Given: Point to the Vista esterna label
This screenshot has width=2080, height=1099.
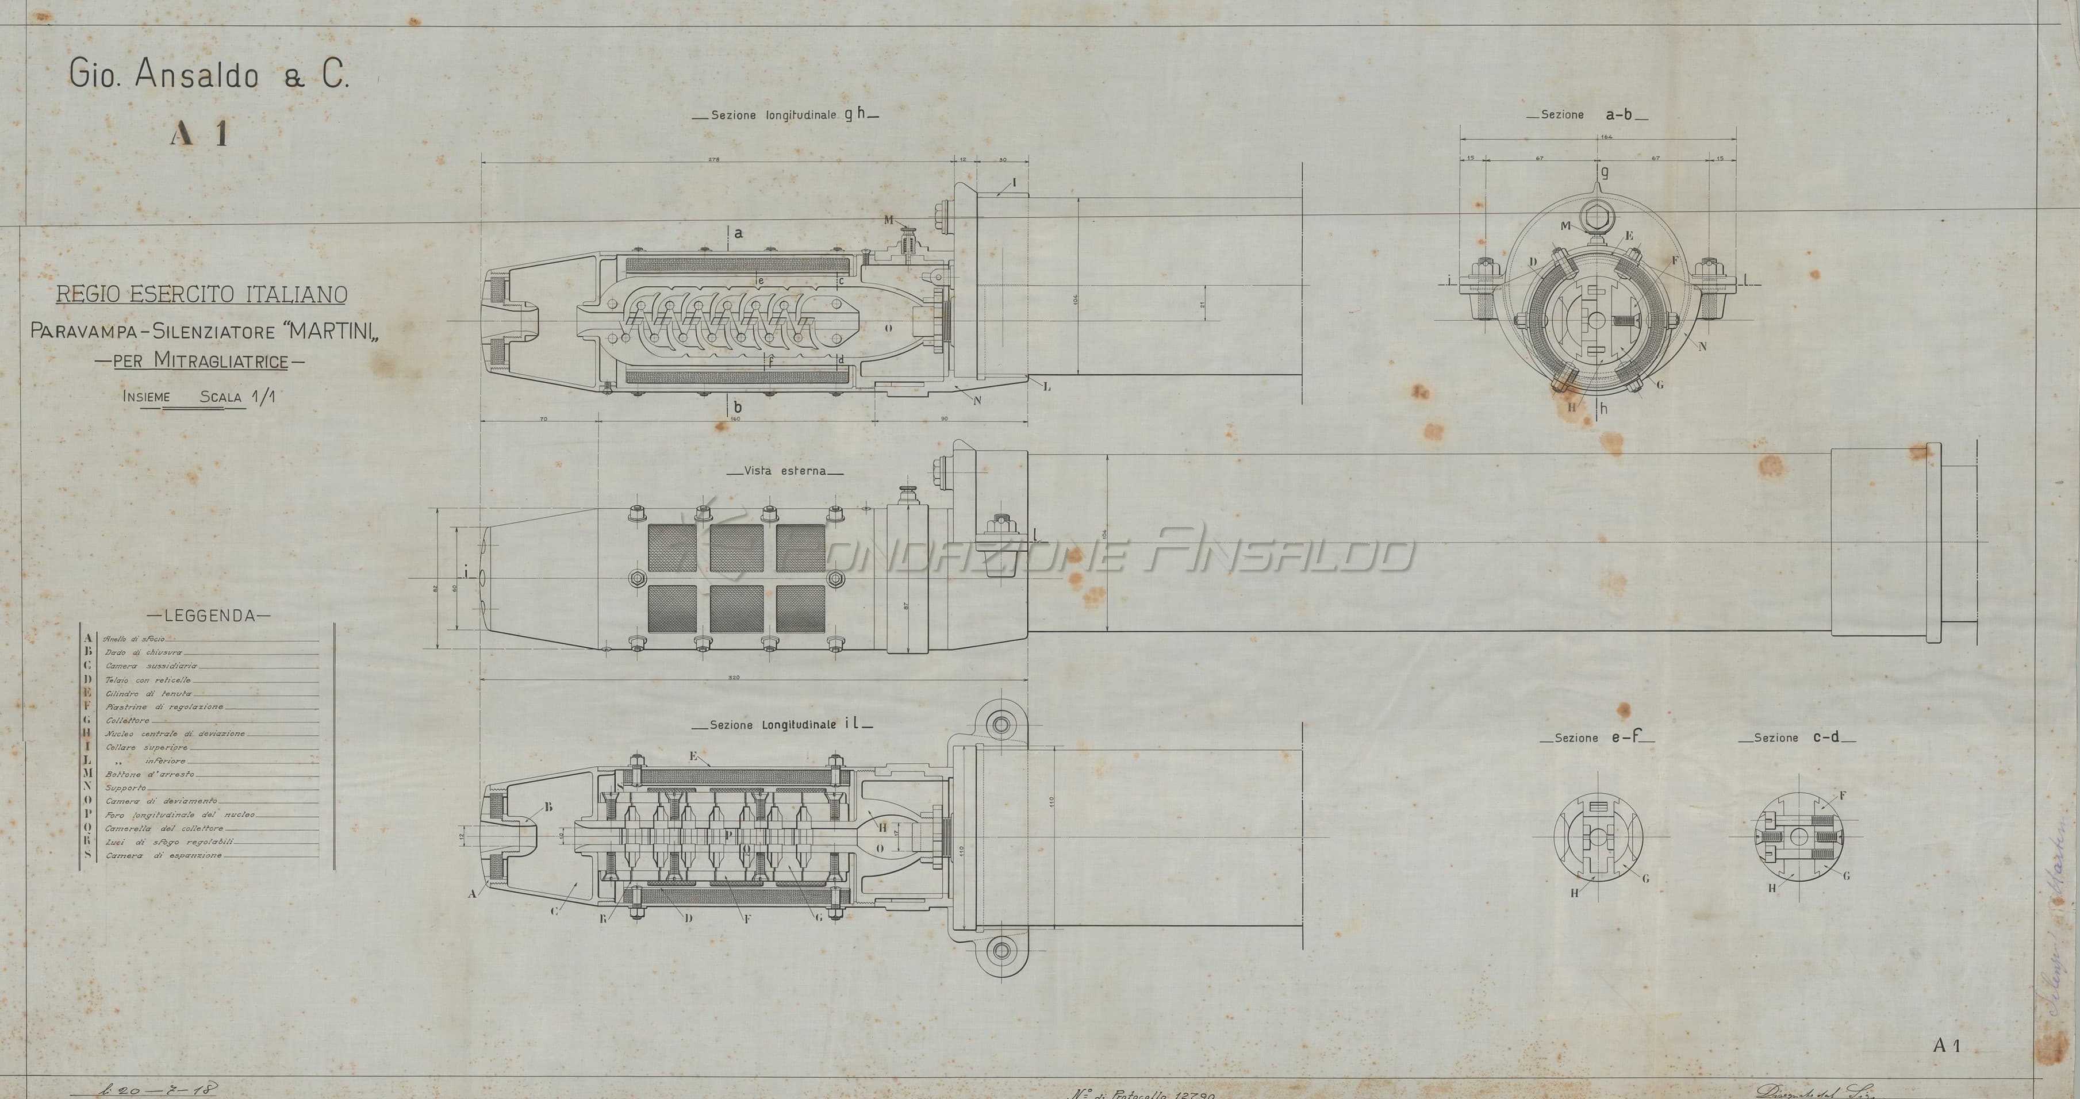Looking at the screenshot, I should (x=784, y=471).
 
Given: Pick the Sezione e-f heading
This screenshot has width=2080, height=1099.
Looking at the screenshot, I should (x=1597, y=737).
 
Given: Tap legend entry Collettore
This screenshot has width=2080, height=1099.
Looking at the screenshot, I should (x=128, y=720).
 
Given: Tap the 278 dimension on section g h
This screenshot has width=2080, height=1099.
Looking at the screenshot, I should (x=714, y=160).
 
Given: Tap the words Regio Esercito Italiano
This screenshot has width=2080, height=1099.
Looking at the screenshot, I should (x=201, y=295).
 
